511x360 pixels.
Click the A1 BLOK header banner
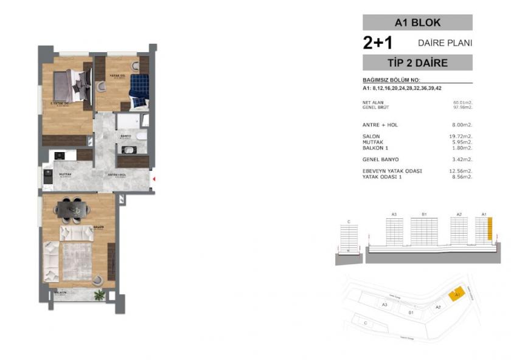coord(417,23)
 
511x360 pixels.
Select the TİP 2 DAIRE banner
coord(417,63)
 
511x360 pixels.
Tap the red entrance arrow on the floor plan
coord(155,179)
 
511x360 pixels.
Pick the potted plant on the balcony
coord(99,296)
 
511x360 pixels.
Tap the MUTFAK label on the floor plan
coord(65,174)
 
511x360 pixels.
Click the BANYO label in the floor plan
coord(126,136)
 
